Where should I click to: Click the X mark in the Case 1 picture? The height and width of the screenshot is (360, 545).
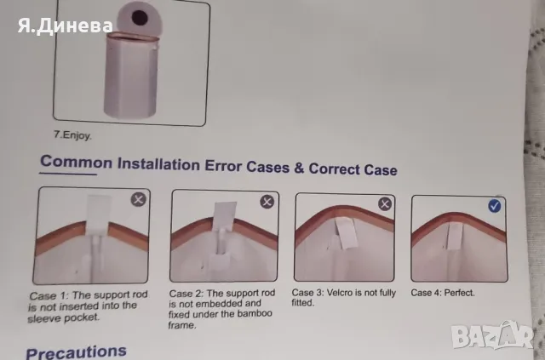138,199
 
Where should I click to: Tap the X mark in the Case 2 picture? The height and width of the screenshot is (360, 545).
267,202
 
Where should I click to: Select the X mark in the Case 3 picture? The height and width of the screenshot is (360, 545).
384,203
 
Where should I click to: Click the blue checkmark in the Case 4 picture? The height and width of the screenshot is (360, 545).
494,206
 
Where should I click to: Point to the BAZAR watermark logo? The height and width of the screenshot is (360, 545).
492,335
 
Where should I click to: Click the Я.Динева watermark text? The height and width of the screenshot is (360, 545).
66,26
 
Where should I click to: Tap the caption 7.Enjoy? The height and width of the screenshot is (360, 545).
72,135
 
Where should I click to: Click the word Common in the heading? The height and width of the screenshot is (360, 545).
76,162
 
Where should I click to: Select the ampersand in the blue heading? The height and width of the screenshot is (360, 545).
299,168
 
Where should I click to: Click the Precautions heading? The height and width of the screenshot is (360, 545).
76,352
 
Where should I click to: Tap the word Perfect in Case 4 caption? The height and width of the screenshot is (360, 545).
459,293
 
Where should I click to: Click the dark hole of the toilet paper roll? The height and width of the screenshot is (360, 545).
140,17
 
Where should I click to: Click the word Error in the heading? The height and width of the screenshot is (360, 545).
223,165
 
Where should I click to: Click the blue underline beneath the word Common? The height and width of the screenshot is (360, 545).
68,174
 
